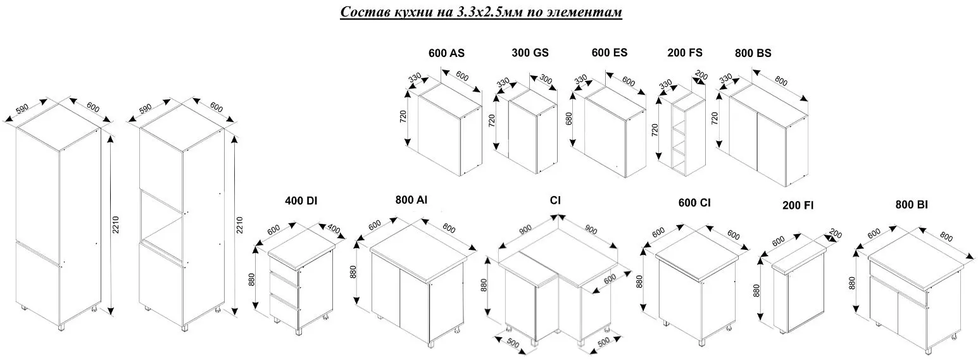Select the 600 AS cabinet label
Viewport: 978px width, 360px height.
coord(446,53)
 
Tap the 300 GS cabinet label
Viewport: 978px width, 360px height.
coord(530,53)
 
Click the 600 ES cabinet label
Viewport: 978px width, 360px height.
coord(610,53)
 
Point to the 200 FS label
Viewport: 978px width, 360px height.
coord(684,53)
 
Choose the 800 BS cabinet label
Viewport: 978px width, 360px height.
coord(753,53)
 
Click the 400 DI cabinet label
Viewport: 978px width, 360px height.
coord(301,201)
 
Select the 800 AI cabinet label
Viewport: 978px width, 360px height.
coord(411,201)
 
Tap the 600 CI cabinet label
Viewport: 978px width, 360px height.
coord(694,203)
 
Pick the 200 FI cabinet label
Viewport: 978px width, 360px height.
coord(798,206)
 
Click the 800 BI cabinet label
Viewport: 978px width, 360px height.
coord(912,204)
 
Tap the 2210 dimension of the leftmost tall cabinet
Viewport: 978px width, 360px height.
coord(116,225)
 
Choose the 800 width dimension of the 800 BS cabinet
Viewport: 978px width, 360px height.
coord(781,82)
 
